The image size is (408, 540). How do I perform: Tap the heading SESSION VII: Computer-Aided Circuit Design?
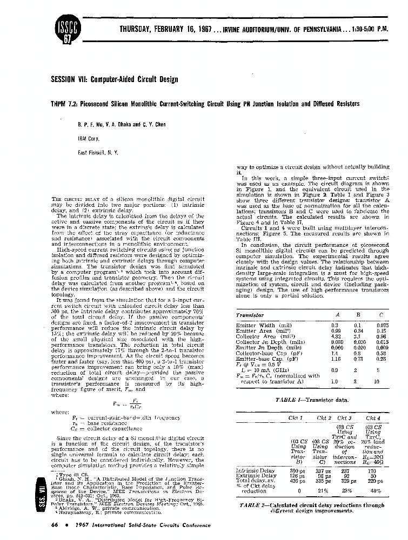click(x=114, y=79)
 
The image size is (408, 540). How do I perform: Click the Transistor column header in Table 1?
click(x=251, y=314)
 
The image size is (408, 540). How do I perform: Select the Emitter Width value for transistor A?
click(x=335, y=326)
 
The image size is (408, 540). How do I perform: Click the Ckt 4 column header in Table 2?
click(x=373, y=417)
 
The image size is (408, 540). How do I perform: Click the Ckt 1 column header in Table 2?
click(x=296, y=417)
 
